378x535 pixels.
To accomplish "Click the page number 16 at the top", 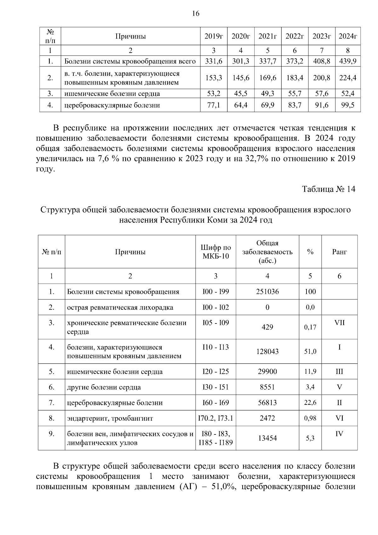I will point(195,14).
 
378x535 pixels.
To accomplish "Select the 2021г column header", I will point(267,36).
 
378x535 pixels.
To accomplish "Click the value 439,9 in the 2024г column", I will point(347,61).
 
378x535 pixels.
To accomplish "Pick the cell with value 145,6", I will point(241,78).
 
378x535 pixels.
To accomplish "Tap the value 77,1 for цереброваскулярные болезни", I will point(214,105).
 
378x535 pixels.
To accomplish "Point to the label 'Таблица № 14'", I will point(329,189).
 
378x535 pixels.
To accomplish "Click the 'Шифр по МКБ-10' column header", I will point(215,252).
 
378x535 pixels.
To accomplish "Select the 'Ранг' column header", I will point(339,252).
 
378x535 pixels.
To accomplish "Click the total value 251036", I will point(267,292).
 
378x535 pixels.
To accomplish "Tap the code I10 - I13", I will point(215,347).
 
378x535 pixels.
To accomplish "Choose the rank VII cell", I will point(339,323).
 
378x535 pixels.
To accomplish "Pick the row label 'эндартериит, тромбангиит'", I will point(110,419).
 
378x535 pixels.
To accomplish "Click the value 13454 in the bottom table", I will point(267,438).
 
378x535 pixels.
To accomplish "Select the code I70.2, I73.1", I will point(215,418).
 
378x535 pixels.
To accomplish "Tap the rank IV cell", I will point(339,434).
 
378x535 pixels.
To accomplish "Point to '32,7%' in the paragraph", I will point(256,159).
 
